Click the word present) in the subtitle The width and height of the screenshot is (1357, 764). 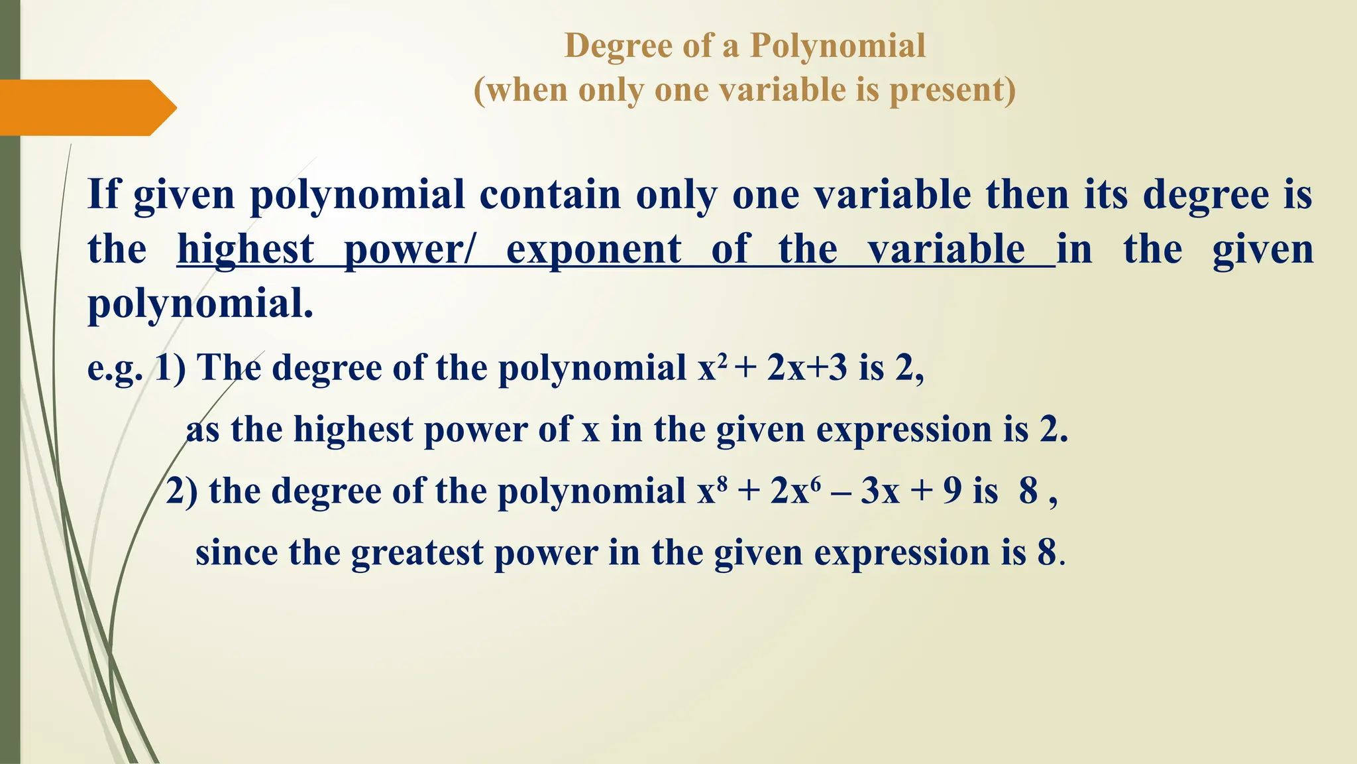pos(952,90)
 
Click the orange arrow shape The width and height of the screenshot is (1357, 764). pos(86,107)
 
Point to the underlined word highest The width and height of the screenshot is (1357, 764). pos(245,250)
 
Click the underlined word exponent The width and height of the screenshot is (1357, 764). pos(594,250)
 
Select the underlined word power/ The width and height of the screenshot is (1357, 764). pos(409,250)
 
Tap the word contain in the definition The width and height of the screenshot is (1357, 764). pos(550,195)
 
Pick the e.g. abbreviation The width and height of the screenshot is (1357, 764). pos(115,368)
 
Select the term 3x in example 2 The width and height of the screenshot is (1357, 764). pos(880,491)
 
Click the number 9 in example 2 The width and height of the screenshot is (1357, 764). pos(952,491)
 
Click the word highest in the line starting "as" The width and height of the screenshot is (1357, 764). pos(353,430)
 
